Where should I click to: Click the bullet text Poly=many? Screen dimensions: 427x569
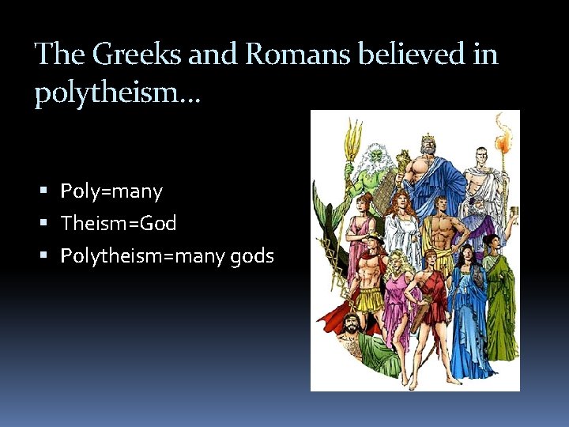111,191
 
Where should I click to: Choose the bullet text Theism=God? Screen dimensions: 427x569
119,224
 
